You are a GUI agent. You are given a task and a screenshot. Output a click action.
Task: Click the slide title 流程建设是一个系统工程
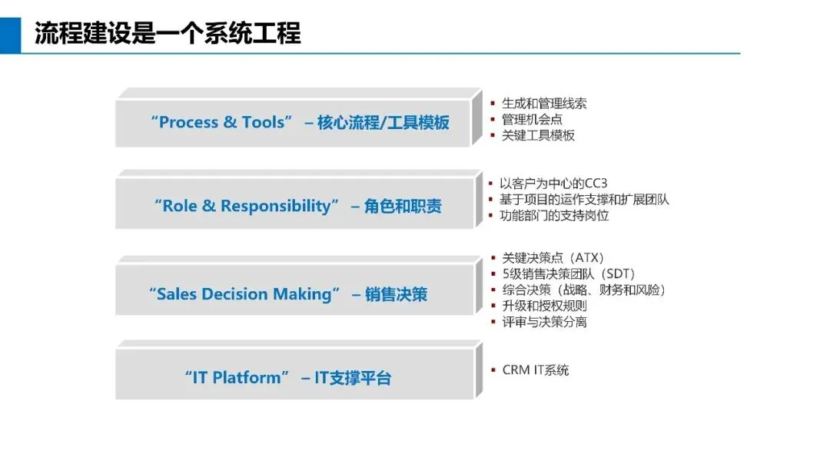click(x=168, y=34)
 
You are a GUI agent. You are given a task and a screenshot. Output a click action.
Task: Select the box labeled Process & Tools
click(x=293, y=123)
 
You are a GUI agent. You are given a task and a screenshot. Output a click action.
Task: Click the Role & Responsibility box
click(x=294, y=207)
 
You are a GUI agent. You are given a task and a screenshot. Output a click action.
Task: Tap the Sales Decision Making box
click(x=294, y=294)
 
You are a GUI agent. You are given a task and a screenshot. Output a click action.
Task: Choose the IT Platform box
click(x=294, y=378)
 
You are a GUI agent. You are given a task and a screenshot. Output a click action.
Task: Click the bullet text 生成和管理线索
click(x=544, y=103)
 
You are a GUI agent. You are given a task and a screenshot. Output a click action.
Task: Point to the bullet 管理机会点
click(x=532, y=119)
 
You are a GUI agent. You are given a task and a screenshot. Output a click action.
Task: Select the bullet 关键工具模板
click(x=538, y=135)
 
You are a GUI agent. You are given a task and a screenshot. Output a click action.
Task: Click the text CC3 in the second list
click(x=596, y=184)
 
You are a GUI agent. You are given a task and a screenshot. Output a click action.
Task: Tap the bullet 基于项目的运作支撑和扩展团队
click(x=584, y=200)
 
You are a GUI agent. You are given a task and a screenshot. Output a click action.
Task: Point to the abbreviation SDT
click(x=615, y=274)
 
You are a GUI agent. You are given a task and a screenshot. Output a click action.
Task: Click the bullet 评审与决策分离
click(x=544, y=322)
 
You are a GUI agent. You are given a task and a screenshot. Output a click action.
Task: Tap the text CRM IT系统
click(x=536, y=370)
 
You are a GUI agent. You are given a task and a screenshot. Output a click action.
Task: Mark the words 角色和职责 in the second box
click(x=403, y=207)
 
